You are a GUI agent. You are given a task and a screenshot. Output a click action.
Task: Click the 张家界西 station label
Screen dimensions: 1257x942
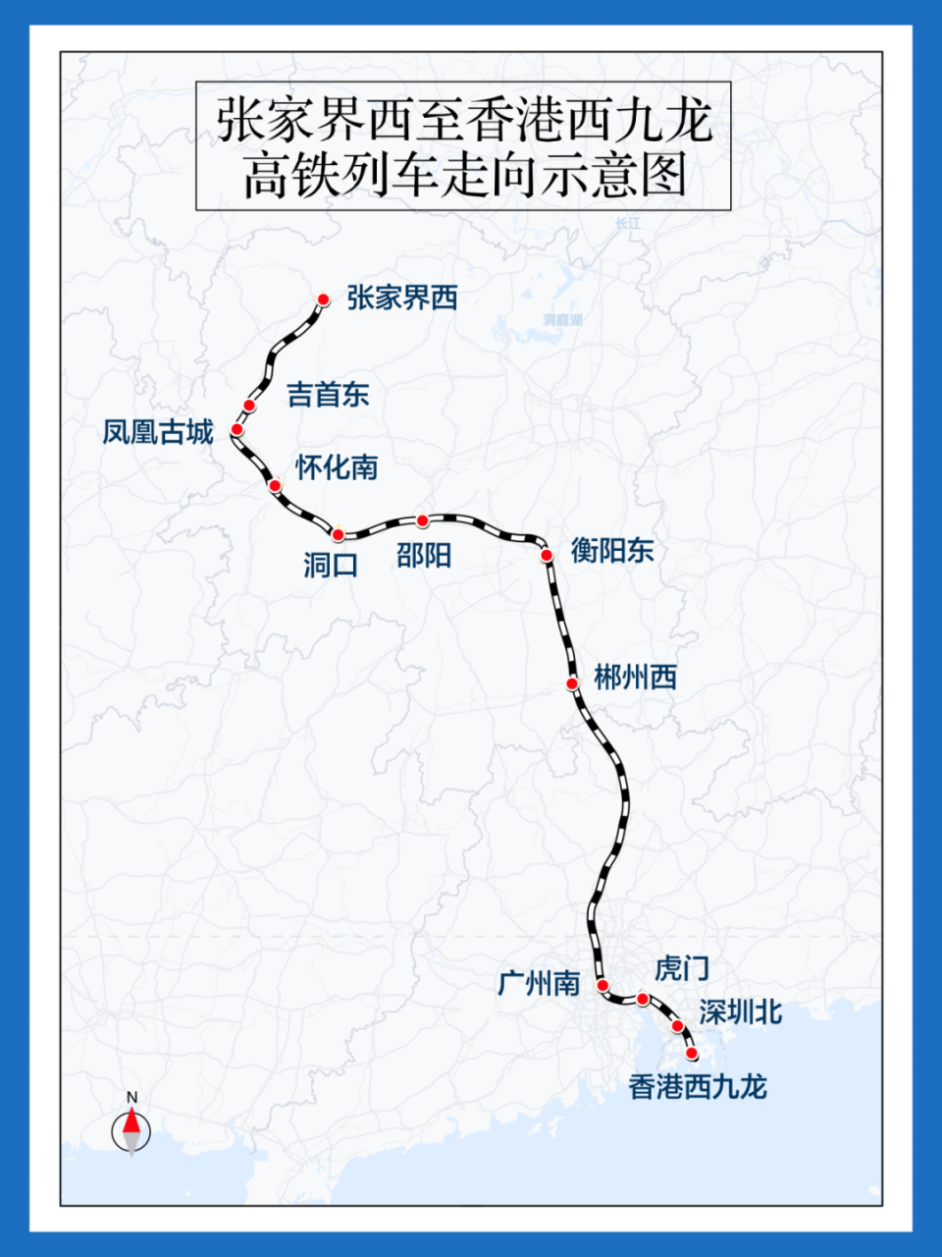coord(402,298)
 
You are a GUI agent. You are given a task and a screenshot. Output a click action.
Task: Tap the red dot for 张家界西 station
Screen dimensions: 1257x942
coord(323,300)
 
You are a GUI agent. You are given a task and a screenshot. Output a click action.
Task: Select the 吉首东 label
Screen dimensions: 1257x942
coord(328,395)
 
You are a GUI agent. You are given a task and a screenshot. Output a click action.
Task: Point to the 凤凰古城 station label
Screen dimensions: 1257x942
coord(158,432)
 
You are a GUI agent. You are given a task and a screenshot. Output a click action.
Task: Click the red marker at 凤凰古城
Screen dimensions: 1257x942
coord(236,429)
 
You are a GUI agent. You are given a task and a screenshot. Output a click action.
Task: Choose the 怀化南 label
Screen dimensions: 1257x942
coord(337,467)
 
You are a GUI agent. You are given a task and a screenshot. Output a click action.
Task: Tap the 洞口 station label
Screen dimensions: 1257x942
coord(331,565)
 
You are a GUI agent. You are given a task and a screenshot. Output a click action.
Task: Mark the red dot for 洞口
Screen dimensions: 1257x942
coord(339,535)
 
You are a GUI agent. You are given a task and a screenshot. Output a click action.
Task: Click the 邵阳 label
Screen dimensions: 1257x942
coord(424,556)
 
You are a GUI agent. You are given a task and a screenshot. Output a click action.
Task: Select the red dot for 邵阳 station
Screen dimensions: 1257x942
coord(423,520)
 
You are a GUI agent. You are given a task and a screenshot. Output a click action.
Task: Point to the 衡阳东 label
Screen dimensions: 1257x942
coord(612,551)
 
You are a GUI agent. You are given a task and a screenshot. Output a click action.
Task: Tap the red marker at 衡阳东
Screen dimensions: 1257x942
coord(547,555)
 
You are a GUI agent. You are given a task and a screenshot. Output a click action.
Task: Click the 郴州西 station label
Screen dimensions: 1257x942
coord(635,677)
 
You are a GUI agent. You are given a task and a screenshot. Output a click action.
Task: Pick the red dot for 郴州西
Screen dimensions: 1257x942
coord(572,683)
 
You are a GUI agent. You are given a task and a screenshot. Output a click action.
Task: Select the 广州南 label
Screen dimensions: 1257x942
coord(539,983)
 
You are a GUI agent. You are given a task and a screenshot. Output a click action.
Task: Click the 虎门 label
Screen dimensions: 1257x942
coord(681,968)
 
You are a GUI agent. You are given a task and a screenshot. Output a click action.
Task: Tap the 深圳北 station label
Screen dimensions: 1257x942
coord(740,1012)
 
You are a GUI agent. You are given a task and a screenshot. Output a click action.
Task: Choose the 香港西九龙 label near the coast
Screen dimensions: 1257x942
coord(698,1086)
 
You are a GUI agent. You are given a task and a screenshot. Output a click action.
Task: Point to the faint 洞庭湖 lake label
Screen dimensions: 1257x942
coord(562,320)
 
